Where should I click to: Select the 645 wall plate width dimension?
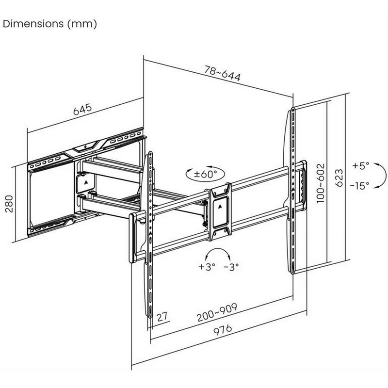(82, 110)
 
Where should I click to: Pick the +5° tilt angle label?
(361, 166)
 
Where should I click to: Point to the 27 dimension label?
(162, 317)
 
